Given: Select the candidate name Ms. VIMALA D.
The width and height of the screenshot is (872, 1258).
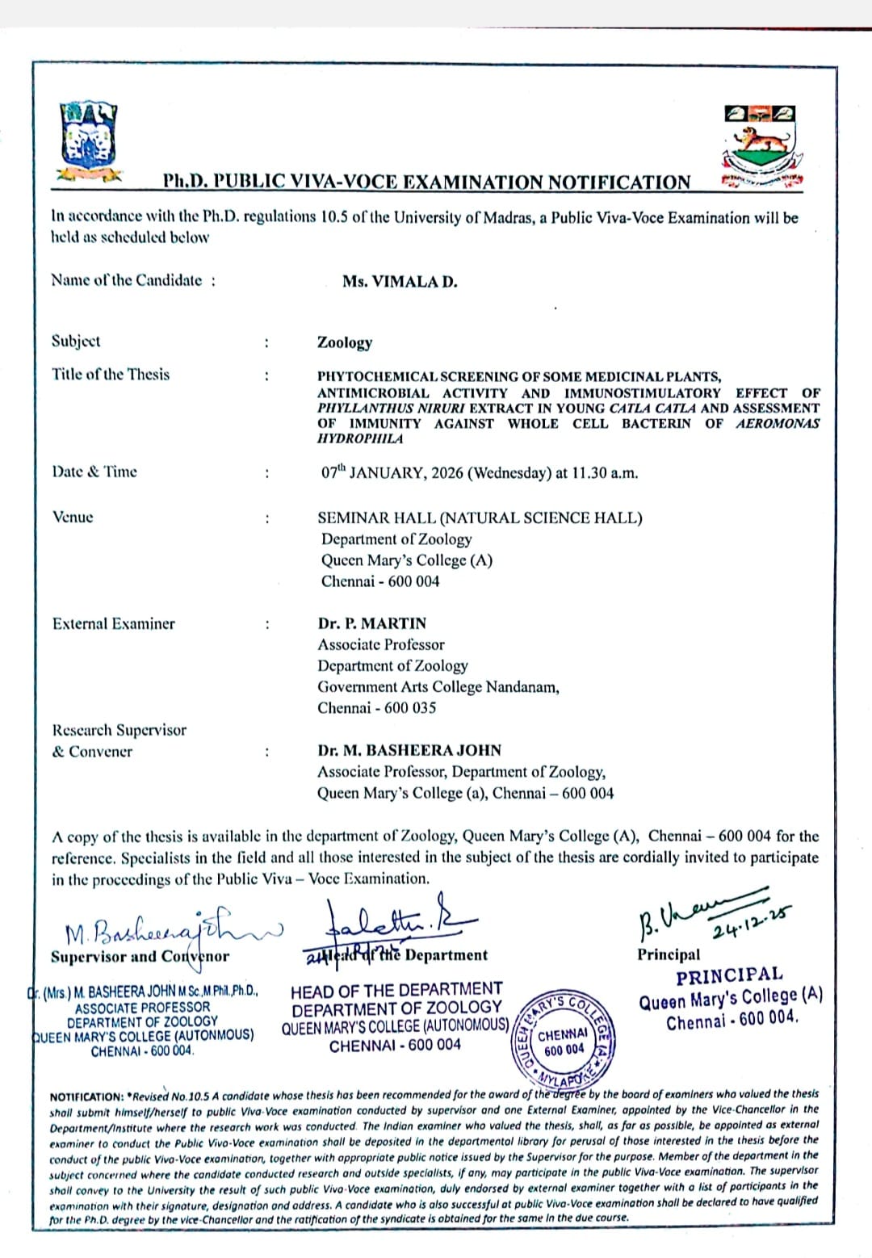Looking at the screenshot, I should (400, 282).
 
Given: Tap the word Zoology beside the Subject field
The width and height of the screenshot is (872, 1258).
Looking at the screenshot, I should (345, 342).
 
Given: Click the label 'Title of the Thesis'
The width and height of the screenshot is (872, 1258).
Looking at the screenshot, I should (111, 375).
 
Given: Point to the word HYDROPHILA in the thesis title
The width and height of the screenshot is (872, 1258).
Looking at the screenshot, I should (359, 438).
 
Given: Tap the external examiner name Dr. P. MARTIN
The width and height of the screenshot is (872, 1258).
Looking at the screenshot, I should (371, 623).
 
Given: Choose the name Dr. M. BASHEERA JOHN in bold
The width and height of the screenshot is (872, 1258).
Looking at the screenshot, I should (409, 750).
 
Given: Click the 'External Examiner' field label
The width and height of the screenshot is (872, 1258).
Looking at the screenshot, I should (113, 623).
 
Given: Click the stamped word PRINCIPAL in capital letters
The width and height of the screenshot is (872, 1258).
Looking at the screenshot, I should (729, 975).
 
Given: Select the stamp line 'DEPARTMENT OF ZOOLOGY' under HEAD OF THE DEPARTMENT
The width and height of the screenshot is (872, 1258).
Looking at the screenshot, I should (396, 1008).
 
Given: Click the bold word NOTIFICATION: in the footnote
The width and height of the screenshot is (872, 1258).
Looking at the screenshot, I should (86, 1097).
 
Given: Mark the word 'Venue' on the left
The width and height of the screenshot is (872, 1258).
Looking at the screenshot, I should (73, 517).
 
